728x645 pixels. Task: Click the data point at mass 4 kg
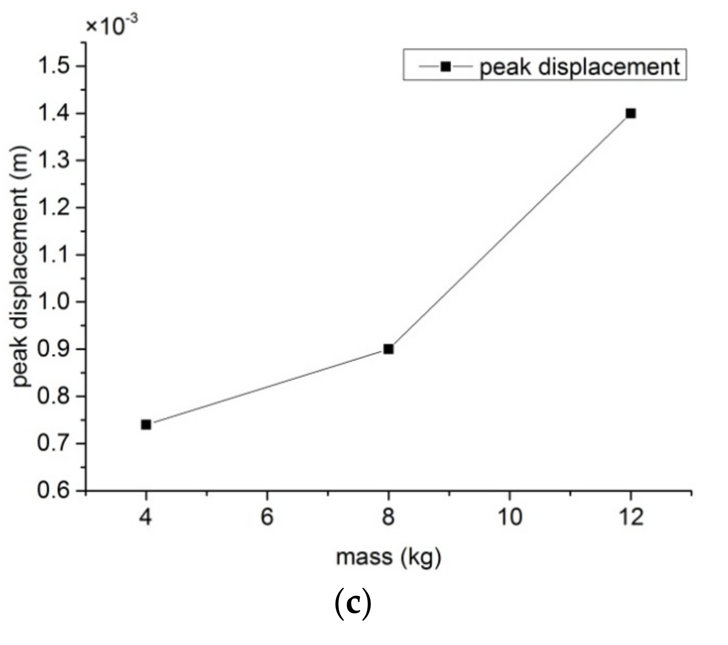pyautogui.click(x=146, y=424)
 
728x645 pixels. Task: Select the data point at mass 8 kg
pyautogui.click(x=388, y=349)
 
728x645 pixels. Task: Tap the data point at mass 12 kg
pyautogui.click(x=630, y=113)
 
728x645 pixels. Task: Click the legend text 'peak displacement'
pyautogui.click(x=579, y=67)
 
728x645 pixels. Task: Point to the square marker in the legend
pyautogui.click(x=445, y=66)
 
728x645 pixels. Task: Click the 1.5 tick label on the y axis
pyautogui.click(x=55, y=67)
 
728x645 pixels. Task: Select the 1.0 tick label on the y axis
pyautogui.click(x=55, y=302)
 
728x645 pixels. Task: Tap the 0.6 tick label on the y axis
pyautogui.click(x=55, y=491)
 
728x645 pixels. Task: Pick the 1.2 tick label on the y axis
pyautogui.click(x=55, y=208)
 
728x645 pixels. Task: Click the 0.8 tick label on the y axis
pyautogui.click(x=55, y=396)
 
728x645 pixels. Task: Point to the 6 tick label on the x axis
pyautogui.click(x=267, y=518)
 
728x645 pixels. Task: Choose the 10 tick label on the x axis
pyautogui.click(x=509, y=518)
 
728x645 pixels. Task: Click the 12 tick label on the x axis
pyautogui.click(x=630, y=518)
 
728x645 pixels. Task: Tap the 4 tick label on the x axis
pyautogui.click(x=146, y=518)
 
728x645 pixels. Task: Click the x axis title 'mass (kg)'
pyautogui.click(x=388, y=558)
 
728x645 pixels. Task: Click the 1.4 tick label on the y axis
pyautogui.click(x=55, y=114)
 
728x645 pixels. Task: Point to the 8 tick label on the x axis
pyautogui.click(x=388, y=518)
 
